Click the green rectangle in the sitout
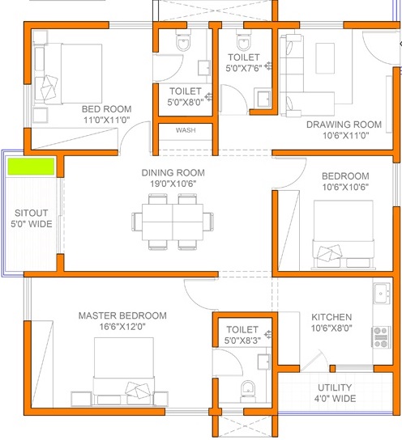click(x=31, y=167)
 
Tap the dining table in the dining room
click(x=173, y=222)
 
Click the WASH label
click(x=186, y=130)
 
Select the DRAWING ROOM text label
click(x=344, y=125)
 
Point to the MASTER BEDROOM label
click(x=122, y=315)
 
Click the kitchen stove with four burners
click(x=381, y=337)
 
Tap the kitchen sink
click(x=382, y=294)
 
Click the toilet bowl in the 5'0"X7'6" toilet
click(x=244, y=40)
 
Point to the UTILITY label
click(x=335, y=387)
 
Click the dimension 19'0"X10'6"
click(x=173, y=184)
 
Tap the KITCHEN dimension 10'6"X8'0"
click(x=331, y=328)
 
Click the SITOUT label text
click(x=32, y=213)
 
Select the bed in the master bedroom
click(x=124, y=371)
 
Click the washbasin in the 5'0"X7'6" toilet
click(x=263, y=98)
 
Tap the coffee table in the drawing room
click(x=325, y=58)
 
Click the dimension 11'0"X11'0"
click(x=106, y=120)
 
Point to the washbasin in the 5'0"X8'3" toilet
click(x=263, y=362)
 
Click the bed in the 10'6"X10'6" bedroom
click(x=344, y=234)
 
